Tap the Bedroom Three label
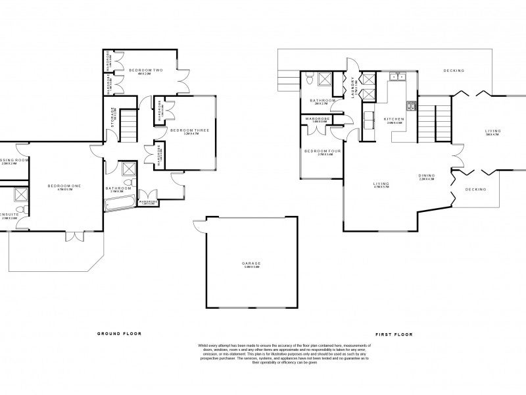click(189, 130)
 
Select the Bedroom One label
click(64, 186)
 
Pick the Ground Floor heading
click(119, 334)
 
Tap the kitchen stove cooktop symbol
click(412, 105)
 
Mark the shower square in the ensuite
click(20, 195)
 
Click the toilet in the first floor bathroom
click(309, 80)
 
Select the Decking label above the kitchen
click(453, 70)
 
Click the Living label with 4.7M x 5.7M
click(381, 184)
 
